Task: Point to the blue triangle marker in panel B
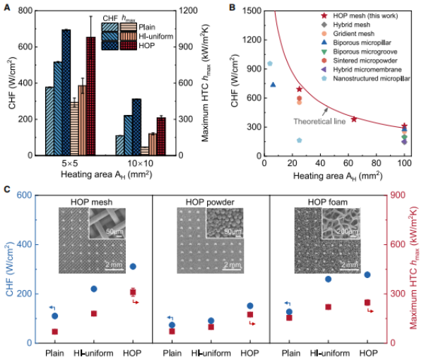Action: tap(273, 85)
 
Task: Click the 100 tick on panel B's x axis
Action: tap(404, 164)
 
